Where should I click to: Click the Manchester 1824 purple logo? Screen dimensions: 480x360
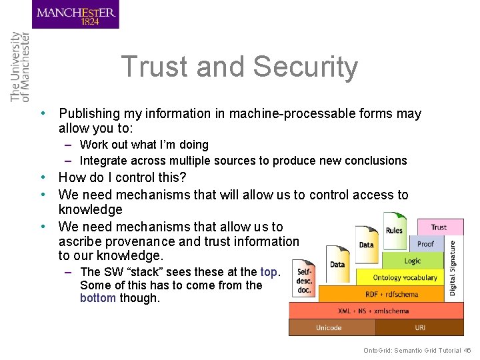coord(75,15)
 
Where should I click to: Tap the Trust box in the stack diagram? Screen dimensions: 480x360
coord(439,227)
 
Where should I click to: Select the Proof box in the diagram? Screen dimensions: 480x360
coord(425,244)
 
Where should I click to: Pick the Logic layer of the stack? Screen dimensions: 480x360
coord(413,261)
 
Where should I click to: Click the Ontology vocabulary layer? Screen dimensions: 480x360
coord(405,277)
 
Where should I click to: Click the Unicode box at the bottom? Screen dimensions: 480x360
coord(329,327)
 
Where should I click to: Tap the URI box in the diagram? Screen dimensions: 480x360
coord(420,327)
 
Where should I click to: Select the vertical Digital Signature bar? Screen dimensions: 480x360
coord(453,268)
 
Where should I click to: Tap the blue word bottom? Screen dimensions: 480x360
coord(98,299)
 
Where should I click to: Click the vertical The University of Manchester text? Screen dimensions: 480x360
coord(20,67)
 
